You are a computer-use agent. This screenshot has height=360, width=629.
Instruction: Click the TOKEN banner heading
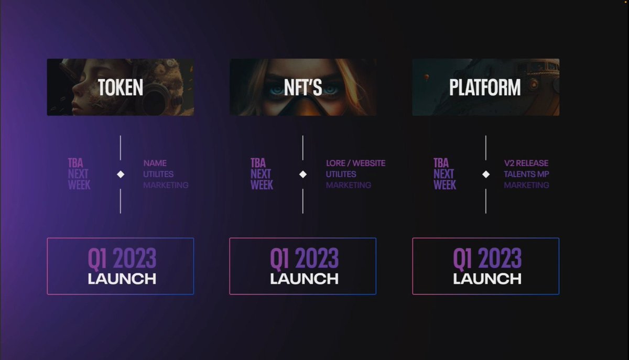pos(121,88)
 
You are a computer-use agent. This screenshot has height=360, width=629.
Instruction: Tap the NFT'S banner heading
pos(303,88)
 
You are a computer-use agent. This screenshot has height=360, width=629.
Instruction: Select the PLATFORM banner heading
pos(485,88)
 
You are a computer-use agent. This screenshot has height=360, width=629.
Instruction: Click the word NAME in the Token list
pos(155,163)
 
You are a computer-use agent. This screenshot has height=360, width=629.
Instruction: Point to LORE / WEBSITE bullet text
pos(355,163)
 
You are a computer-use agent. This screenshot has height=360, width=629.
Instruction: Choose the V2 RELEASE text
pos(526,163)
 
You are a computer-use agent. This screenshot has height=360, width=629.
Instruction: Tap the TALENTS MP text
pos(526,174)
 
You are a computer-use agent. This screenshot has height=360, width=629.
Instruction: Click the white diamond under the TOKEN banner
pos(121,174)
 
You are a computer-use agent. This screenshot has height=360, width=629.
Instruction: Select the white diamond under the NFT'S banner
pos(303,174)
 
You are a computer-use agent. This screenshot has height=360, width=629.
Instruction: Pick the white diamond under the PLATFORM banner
pos(486,174)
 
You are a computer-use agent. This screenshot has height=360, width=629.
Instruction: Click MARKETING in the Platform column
pos(526,185)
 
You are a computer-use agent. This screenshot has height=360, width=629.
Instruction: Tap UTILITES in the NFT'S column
pos(341,174)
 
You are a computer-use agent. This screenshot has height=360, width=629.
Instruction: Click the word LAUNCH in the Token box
pos(122,278)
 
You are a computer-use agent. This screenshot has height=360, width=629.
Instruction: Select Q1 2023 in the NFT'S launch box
pos(304,258)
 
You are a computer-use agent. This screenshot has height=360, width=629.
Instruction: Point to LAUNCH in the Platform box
pos(487,278)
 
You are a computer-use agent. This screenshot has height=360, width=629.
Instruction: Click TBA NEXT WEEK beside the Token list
pos(79,174)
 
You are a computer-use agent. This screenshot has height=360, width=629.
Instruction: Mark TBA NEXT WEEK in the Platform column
pos(444,174)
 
